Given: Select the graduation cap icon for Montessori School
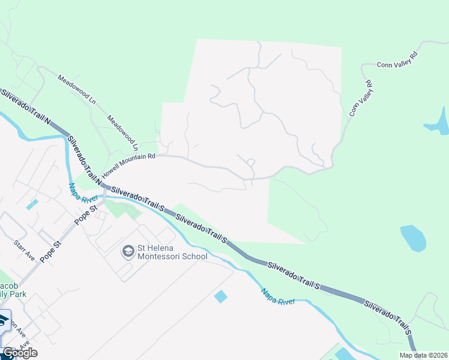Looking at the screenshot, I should click(128, 251).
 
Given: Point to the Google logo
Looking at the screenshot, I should click(19, 353).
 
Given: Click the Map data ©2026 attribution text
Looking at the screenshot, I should click(423, 355).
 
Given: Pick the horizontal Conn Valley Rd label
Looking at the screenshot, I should click(397, 63).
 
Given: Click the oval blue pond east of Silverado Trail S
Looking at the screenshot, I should click(413, 238).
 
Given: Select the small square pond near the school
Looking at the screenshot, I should click(221, 296).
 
